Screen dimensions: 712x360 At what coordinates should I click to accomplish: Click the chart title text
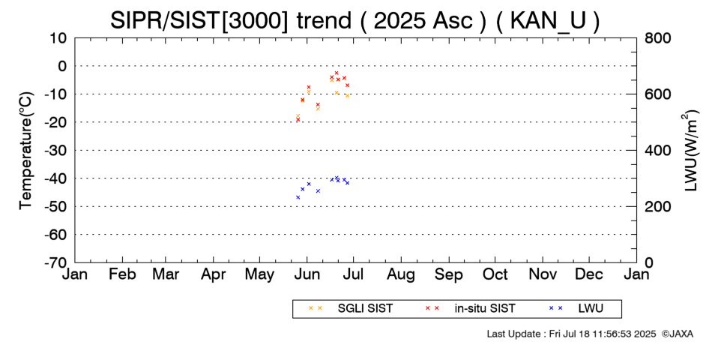[355, 20]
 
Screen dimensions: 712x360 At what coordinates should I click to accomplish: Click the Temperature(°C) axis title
[26, 151]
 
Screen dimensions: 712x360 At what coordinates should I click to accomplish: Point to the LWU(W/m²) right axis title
[690, 151]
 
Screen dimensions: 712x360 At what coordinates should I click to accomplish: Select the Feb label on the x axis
[122, 274]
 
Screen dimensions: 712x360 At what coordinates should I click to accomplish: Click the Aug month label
[401, 274]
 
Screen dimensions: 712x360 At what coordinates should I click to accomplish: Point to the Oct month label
[495, 274]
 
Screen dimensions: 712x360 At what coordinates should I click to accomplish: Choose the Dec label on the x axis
[589, 274]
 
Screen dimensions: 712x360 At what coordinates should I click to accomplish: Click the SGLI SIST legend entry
[365, 308]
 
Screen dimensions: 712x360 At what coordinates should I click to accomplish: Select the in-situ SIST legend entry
[485, 308]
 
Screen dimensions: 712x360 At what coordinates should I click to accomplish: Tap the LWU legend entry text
[591, 308]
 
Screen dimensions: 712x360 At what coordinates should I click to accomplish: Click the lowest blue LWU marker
[298, 197]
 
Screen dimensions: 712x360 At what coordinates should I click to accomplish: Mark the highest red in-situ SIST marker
[337, 73]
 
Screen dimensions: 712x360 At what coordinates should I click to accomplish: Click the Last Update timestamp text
[571, 334]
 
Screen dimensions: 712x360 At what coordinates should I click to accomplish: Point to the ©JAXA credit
[678, 334]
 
